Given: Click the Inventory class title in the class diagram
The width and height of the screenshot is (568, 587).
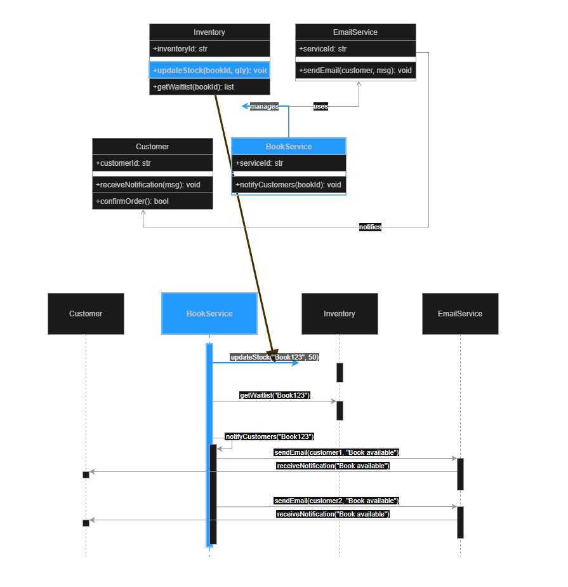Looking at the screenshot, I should coord(209,32).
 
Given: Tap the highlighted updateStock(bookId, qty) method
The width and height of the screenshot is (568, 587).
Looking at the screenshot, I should coord(209,70).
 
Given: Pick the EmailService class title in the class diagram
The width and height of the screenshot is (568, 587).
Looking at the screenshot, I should coord(355,32).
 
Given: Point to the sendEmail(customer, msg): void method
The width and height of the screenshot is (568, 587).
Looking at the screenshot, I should coord(355,71).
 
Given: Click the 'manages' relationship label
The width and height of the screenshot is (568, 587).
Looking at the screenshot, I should coord(264,107).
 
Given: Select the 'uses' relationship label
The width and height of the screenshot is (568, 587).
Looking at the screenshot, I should coord(321,107).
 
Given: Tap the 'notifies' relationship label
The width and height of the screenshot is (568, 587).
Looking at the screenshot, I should coord(370,227).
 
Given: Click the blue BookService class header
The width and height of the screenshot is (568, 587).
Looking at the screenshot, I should coord(289,147).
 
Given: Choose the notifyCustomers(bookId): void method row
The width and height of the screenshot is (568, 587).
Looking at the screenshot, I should coord(289,185).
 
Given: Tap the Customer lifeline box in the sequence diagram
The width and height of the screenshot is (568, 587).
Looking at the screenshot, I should coord(86,314).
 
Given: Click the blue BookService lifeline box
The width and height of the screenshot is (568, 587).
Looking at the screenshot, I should coord(209,314).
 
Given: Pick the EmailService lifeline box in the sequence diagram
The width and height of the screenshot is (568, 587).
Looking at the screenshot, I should coord(460,314).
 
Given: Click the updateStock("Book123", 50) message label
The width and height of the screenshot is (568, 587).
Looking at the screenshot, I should coord(274,357).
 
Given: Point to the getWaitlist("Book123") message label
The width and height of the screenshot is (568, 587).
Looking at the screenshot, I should coord(275,395).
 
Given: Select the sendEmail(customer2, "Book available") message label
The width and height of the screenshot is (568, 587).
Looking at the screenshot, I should coord(336,501).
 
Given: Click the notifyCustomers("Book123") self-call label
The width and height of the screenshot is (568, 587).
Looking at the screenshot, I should coord(270,436).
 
